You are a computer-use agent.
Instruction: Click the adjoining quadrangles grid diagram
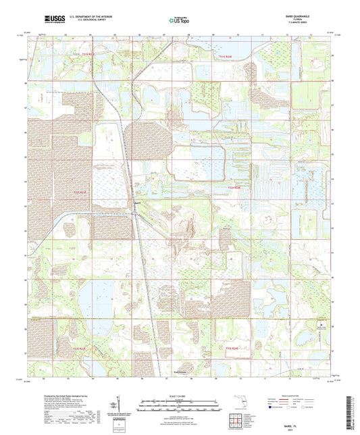[x=242, y=420]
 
